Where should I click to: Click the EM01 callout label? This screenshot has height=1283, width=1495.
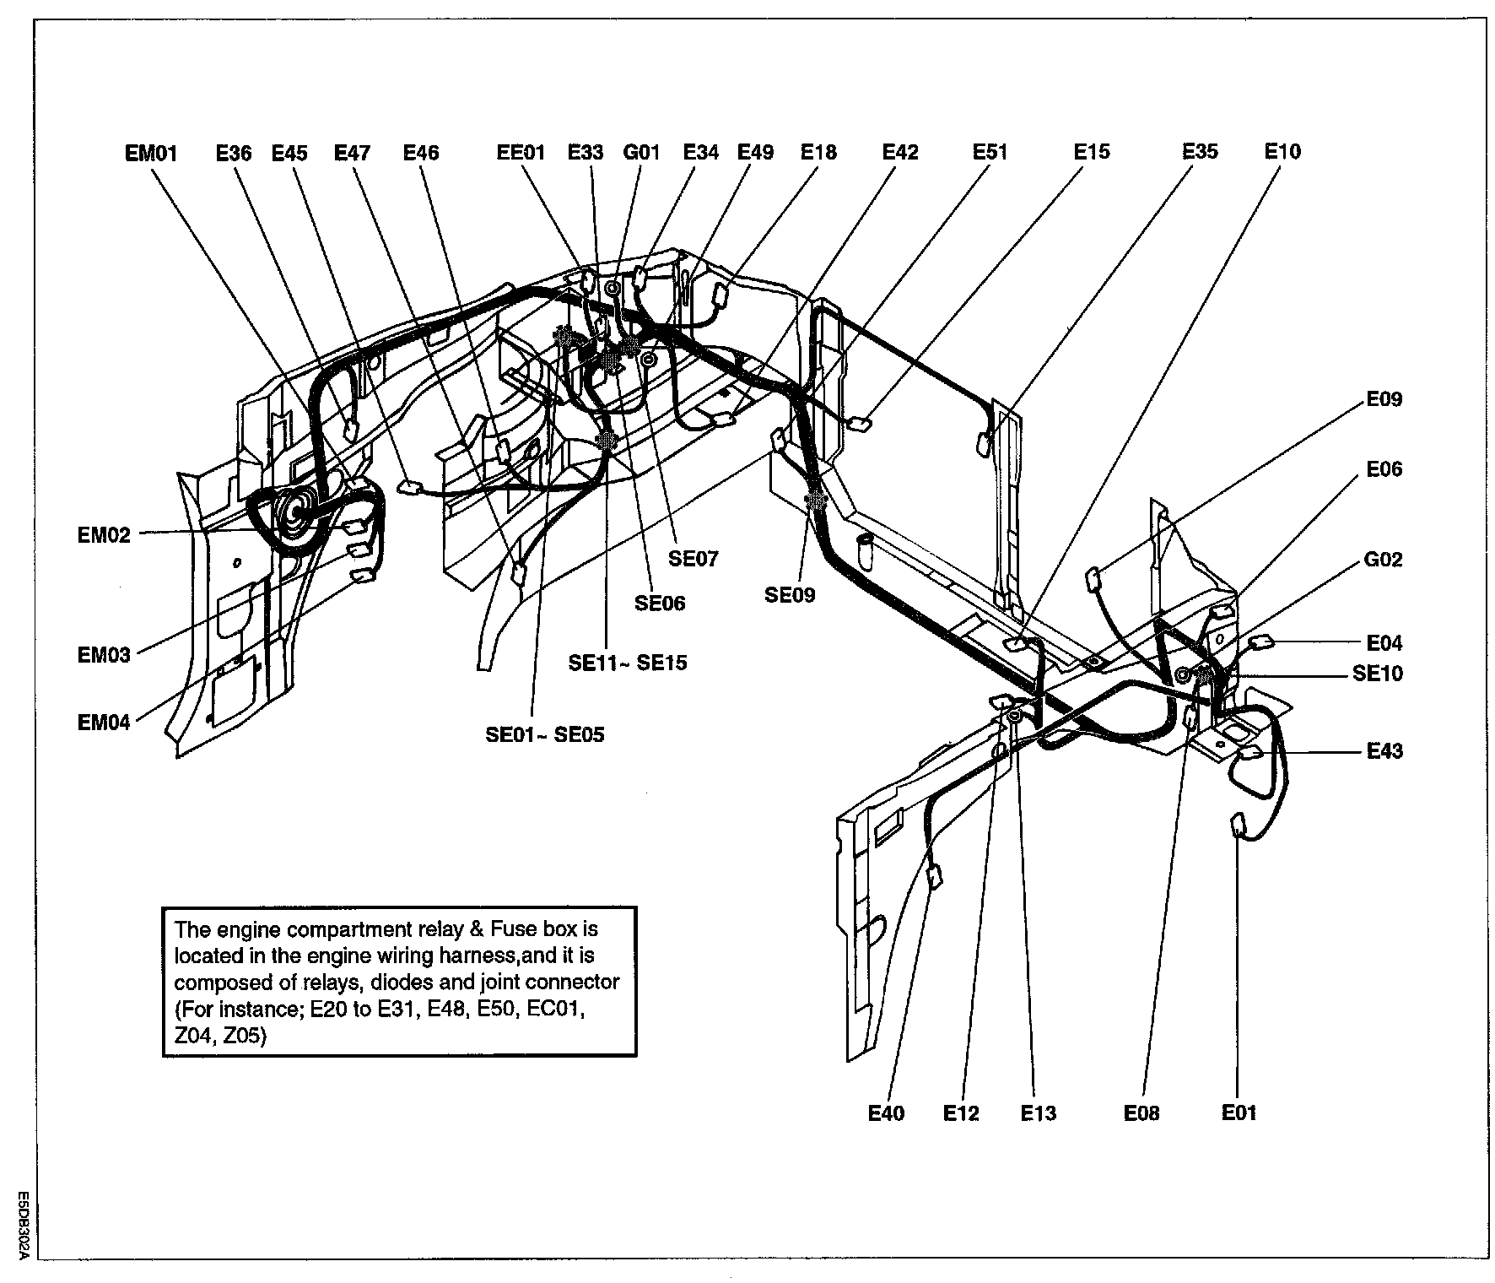tap(151, 153)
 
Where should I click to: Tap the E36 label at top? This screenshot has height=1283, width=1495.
tap(234, 153)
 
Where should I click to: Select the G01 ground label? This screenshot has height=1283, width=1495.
tap(640, 153)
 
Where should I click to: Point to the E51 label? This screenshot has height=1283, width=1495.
tap(990, 152)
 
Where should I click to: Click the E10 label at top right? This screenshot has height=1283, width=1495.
tap(1282, 152)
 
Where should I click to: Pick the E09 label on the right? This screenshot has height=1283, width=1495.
tap(1384, 399)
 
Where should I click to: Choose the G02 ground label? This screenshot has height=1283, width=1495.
tap(1383, 560)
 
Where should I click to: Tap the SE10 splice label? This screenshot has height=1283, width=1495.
tap(1378, 674)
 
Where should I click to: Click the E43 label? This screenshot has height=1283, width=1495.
tap(1384, 751)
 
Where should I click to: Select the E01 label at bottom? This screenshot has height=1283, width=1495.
tap(1239, 1113)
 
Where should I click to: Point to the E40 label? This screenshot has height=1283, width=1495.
tap(886, 1114)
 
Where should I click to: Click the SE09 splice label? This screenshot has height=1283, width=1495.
tap(790, 595)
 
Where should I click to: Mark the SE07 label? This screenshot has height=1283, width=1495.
tap(694, 559)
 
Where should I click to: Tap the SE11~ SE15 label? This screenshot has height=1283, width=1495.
tap(628, 663)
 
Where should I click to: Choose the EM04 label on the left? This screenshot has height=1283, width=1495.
tap(104, 723)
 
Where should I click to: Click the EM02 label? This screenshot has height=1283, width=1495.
tap(104, 535)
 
